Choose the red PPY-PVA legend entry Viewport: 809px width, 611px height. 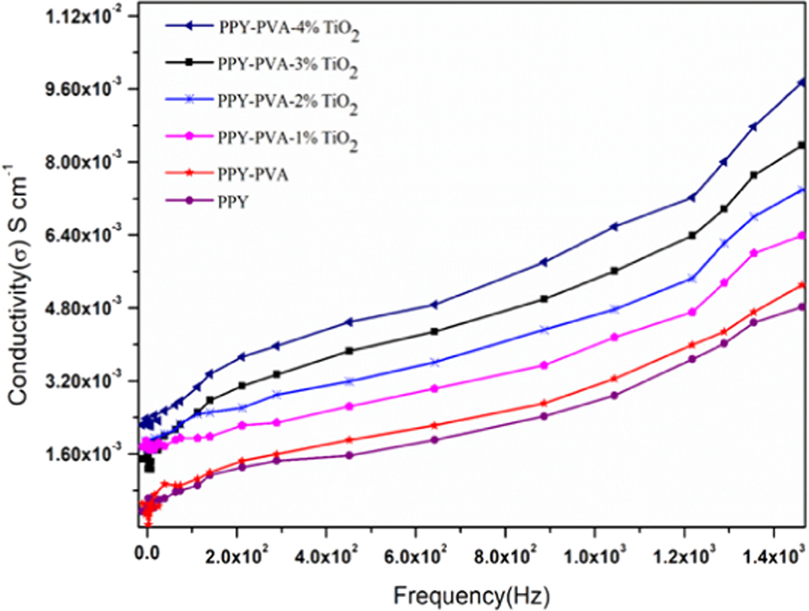(253, 175)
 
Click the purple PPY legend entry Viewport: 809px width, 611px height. (233, 202)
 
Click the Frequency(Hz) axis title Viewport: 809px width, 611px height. (472, 596)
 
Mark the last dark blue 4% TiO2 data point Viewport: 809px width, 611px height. (801, 83)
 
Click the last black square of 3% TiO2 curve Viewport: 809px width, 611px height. (801, 146)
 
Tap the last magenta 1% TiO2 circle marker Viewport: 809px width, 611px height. (801, 235)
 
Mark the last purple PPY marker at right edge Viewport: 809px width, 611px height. (801, 307)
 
